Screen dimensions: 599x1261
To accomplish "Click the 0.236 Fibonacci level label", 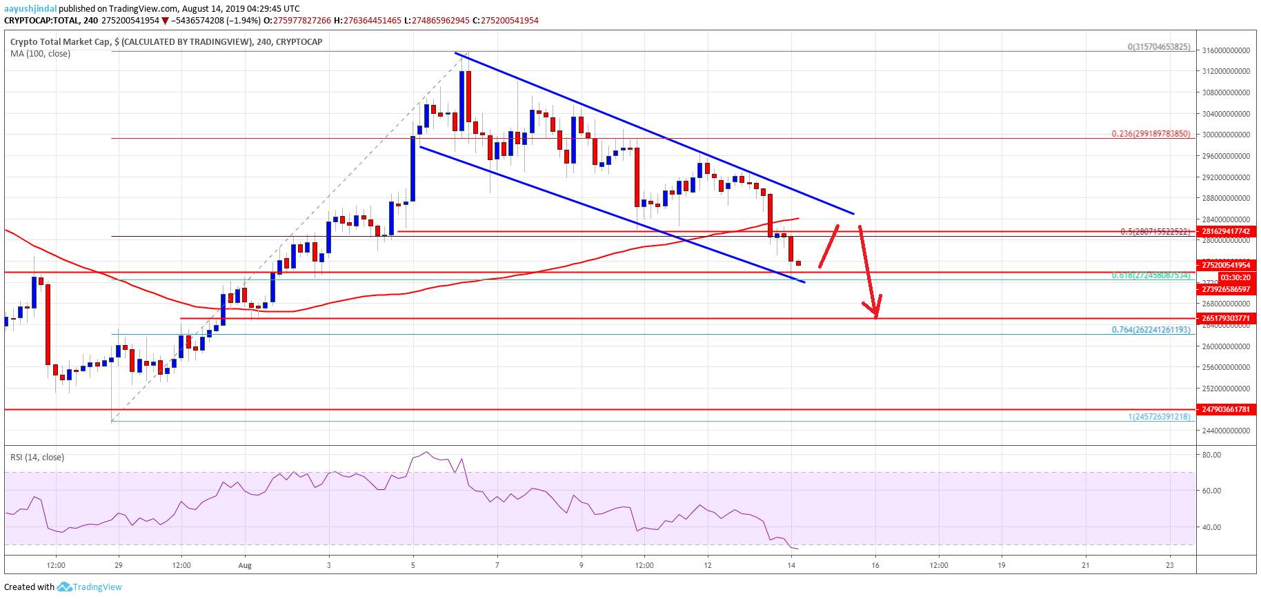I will click(x=1151, y=134).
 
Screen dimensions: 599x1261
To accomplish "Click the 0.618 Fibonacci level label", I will click(x=1151, y=275).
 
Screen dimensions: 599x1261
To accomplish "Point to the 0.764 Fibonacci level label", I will click(x=1151, y=330).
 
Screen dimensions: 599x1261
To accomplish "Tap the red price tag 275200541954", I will click(x=1226, y=265).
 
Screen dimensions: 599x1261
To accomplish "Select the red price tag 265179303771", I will click(x=1226, y=319).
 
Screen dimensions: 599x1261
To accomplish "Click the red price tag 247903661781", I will click(x=1226, y=409).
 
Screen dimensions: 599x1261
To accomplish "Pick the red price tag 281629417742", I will click(x=1226, y=232).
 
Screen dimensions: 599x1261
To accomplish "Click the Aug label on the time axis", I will click(x=245, y=566).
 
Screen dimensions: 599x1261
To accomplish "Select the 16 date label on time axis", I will click(x=875, y=566).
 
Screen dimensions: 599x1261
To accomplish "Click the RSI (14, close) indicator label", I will click(x=37, y=458).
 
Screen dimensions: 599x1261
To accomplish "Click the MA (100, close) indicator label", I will click(x=40, y=54).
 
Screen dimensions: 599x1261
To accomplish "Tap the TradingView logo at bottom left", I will click(x=89, y=587).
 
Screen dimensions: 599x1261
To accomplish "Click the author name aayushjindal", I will click(x=30, y=9).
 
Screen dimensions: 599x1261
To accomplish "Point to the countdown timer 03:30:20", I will click(x=1235, y=277).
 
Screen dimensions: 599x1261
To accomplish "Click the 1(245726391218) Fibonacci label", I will click(x=1159, y=417).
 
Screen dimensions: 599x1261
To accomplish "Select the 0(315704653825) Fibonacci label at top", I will click(x=1159, y=47).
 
